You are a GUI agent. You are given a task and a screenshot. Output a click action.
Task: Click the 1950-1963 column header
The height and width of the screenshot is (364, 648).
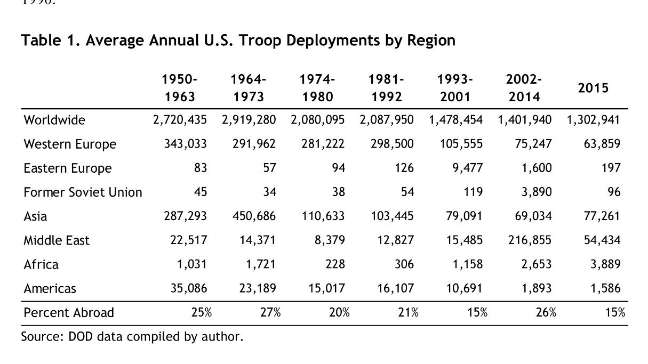click(180, 88)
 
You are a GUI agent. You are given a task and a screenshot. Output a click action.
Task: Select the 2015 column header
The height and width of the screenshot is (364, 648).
click(593, 88)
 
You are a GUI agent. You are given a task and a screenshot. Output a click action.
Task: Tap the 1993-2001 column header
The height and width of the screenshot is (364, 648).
click(455, 88)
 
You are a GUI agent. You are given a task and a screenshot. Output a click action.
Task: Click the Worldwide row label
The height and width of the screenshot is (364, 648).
click(54, 120)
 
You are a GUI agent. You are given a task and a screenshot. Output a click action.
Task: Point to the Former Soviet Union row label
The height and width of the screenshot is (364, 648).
click(83, 192)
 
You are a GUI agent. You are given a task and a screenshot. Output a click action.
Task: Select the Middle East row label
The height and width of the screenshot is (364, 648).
click(56, 240)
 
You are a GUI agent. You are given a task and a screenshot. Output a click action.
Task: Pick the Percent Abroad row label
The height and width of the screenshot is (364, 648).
click(69, 312)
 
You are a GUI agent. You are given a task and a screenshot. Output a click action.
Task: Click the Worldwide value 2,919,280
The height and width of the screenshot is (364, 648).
click(249, 120)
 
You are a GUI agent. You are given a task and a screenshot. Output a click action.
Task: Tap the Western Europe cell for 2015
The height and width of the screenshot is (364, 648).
click(603, 144)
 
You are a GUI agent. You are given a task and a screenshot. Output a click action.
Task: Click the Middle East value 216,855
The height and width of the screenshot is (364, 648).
click(531, 240)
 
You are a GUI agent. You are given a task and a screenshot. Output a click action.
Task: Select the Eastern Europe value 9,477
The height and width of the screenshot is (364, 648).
click(467, 168)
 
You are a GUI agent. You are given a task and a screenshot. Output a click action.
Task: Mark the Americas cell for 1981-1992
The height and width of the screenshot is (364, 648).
click(396, 288)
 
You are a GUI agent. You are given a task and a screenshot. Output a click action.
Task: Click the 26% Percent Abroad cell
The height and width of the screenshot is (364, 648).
click(546, 312)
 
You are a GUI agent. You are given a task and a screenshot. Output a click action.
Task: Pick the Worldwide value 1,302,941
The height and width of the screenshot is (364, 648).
click(593, 120)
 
